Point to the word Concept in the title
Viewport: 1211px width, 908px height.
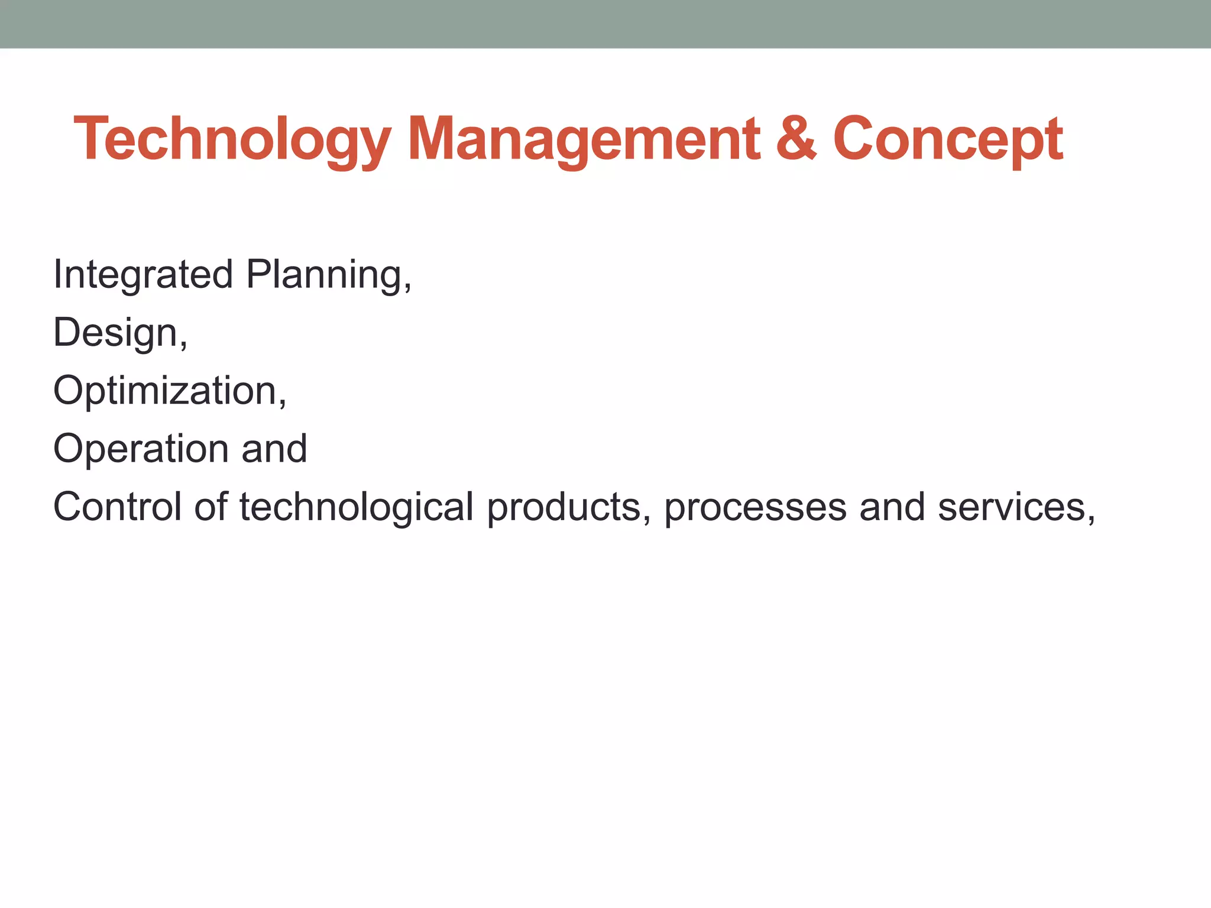(947, 140)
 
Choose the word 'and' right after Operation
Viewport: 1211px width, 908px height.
(274, 448)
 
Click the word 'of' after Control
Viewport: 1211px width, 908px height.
(211, 507)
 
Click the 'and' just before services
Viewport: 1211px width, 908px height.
(892, 507)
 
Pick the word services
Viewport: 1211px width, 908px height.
(1011, 508)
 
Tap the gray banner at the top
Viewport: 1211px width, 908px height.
(605, 24)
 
